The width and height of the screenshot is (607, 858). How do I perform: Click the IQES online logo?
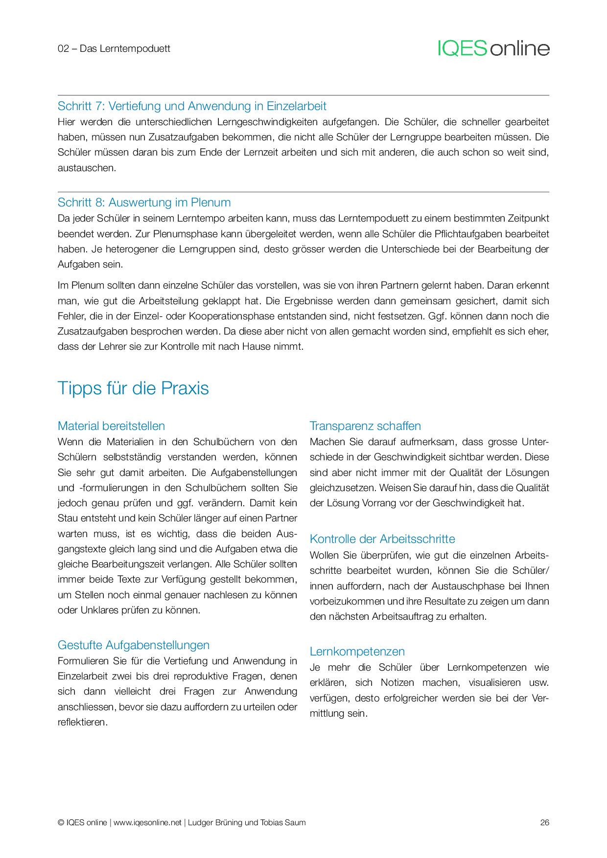pyautogui.click(x=493, y=48)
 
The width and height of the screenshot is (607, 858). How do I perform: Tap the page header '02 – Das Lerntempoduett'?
pyautogui.click(x=114, y=48)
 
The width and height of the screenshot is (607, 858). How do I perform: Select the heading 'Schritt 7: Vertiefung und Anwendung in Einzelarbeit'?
pyautogui.click(x=192, y=106)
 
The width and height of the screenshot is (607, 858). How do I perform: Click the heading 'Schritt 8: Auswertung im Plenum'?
pyautogui.click(x=144, y=203)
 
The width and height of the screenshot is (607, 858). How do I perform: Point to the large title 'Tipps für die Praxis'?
pyautogui.click(x=133, y=388)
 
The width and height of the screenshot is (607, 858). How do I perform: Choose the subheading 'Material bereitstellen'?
pyautogui.click(x=111, y=426)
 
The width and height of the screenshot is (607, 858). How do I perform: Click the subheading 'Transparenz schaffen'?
pyautogui.click(x=365, y=426)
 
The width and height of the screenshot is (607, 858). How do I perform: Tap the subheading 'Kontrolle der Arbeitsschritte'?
pyautogui.click(x=382, y=539)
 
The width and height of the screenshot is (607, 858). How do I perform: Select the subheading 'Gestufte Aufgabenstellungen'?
pyautogui.click(x=133, y=645)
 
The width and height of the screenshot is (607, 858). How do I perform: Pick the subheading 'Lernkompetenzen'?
pyautogui.click(x=357, y=652)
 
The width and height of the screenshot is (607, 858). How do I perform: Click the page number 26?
pyautogui.click(x=544, y=822)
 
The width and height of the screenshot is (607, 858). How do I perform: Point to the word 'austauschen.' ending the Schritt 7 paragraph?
pyautogui.click(x=87, y=168)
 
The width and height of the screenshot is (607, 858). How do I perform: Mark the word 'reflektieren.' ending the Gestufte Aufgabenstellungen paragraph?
pyautogui.click(x=82, y=722)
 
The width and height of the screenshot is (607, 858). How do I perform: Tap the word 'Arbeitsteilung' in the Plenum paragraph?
pyautogui.click(x=169, y=301)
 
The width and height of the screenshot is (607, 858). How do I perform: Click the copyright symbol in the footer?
pyautogui.click(x=61, y=822)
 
